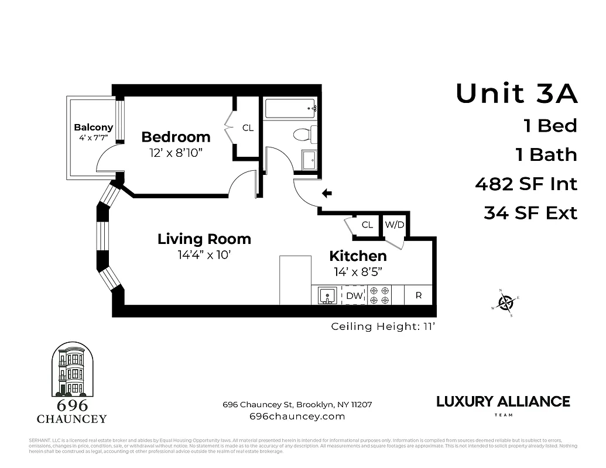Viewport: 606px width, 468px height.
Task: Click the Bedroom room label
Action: (176, 137)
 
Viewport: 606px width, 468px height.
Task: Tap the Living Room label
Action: (204, 239)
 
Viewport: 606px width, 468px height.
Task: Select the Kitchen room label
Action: (358, 256)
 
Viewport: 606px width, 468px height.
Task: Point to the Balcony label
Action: (93, 128)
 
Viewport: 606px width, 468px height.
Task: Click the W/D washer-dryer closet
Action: (394, 225)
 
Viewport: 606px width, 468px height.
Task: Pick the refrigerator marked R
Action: (418, 295)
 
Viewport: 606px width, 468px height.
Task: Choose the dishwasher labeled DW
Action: (354, 296)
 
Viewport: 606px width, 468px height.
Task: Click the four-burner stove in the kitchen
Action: (379, 295)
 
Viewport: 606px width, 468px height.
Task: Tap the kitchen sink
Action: (326, 295)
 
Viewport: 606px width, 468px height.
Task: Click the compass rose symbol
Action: (505, 302)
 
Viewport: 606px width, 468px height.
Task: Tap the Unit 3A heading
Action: (516, 94)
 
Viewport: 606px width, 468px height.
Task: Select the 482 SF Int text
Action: (526, 184)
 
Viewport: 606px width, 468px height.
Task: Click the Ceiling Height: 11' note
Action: (383, 326)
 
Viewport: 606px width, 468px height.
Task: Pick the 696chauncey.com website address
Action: (297, 417)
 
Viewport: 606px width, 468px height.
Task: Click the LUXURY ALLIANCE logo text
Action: (503, 401)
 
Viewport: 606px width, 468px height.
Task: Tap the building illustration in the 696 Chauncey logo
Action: (71, 370)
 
